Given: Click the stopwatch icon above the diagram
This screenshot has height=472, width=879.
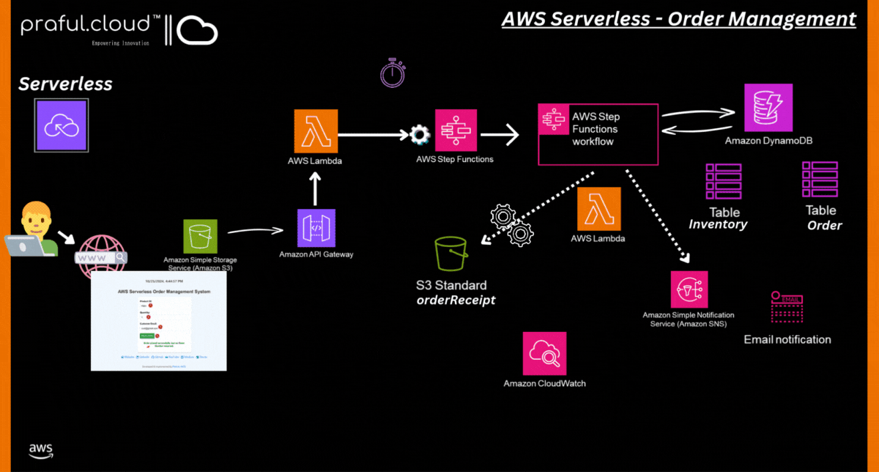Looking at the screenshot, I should (x=393, y=73).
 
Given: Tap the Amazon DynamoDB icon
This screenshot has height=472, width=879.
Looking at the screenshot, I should (x=768, y=108).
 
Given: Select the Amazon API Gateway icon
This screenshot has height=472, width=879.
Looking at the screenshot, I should (x=316, y=227).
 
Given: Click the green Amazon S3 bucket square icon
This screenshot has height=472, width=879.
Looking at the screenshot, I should (x=200, y=237).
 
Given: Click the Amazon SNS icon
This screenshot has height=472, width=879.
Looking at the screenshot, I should (x=689, y=290).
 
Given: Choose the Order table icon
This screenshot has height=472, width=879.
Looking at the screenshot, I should (x=820, y=180).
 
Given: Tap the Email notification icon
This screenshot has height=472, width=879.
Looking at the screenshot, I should (x=787, y=308).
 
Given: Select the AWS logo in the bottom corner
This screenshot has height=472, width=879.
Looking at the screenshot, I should (x=41, y=450).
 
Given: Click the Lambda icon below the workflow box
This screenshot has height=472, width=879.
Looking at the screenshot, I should (x=598, y=209).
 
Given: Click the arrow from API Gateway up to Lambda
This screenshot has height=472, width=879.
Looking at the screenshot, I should (x=316, y=189).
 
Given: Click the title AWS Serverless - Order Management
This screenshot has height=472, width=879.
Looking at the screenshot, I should (x=678, y=18).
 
